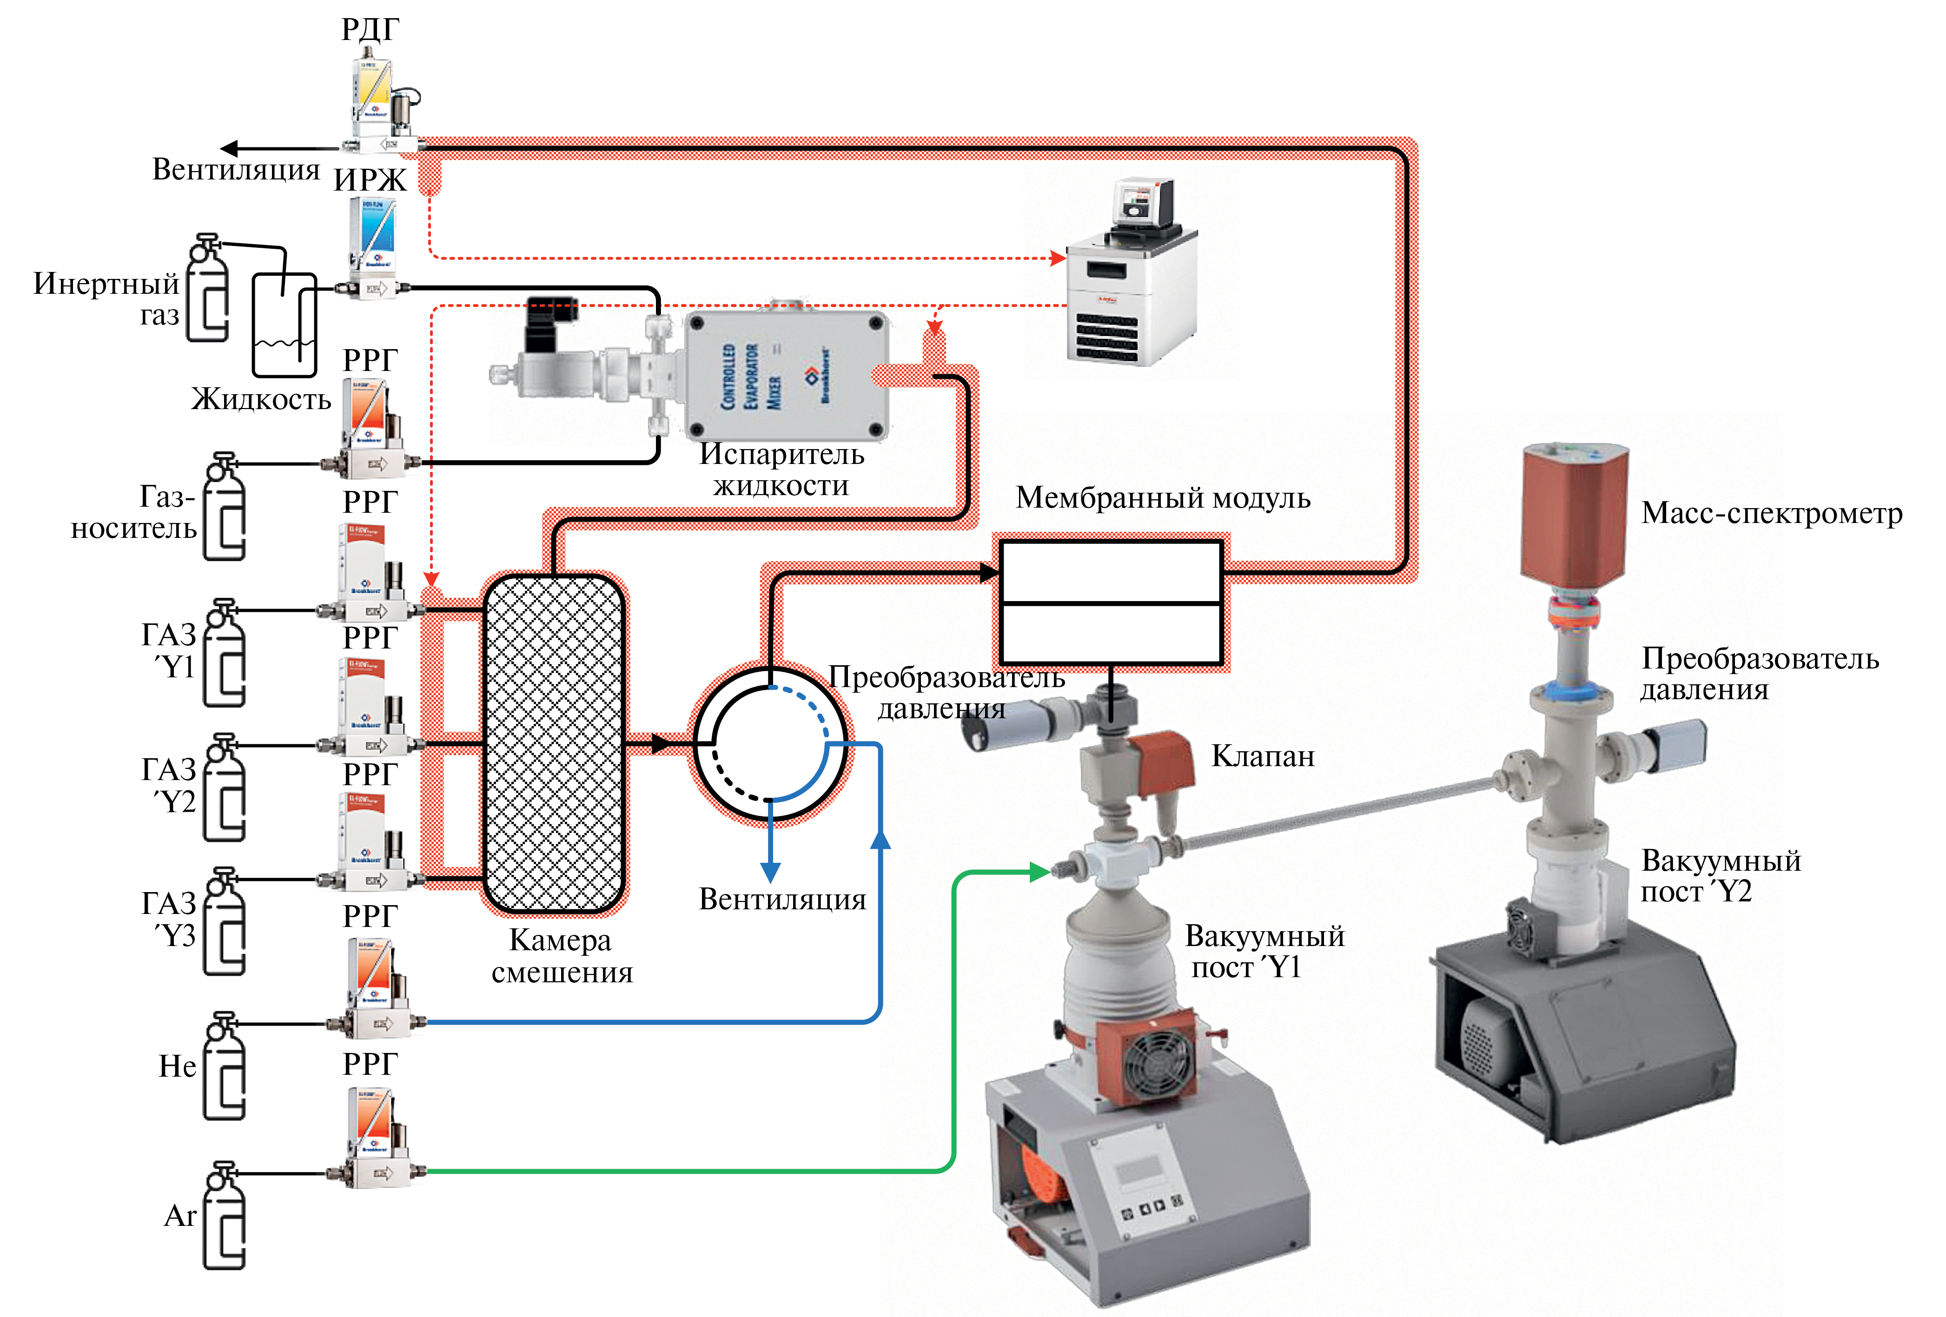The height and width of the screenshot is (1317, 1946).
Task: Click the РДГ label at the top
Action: (370, 30)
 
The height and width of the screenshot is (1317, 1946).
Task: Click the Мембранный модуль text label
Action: (1162, 498)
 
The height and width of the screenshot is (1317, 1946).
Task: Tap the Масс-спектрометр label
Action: (1771, 512)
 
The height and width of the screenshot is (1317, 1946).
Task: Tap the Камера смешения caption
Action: (561, 956)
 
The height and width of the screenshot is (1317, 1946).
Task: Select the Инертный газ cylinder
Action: (207, 289)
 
